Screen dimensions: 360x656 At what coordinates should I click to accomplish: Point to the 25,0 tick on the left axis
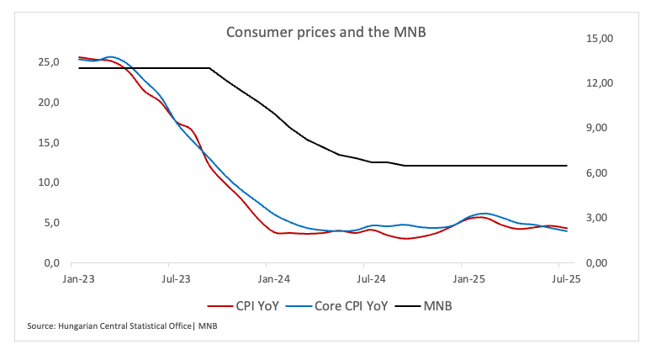click(x=48, y=62)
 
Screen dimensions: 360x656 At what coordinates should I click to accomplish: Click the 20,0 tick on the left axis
click(x=48, y=103)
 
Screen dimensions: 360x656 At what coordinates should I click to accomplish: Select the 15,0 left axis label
click(x=48, y=143)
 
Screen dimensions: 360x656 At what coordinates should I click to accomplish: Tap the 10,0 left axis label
click(x=48, y=183)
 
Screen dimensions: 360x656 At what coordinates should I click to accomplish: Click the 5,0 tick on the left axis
click(x=50, y=223)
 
